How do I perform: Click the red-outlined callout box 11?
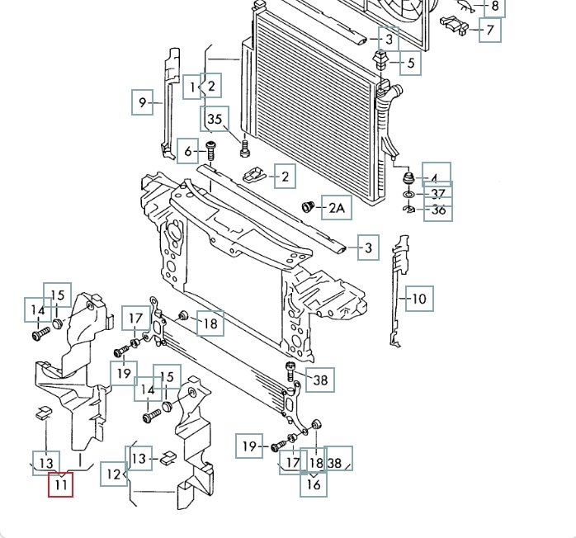click(60, 484)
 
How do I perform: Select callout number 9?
click(143, 102)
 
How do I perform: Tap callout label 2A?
click(337, 207)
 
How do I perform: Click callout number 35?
click(215, 119)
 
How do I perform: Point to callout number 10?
click(419, 299)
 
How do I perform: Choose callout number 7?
click(490, 30)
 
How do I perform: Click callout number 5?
click(411, 63)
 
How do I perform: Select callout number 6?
click(187, 151)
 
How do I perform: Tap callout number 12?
click(114, 474)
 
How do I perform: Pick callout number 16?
click(314, 484)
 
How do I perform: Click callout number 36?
click(438, 210)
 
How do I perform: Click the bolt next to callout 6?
click(210, 150)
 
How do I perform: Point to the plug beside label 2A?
click(308, 207)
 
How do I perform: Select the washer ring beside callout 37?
click(408, 194)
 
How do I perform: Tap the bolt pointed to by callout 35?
click(244, 147)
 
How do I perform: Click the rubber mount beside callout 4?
click(408, 178)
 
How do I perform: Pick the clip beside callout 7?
click(455, 24)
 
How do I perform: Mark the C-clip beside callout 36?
click(408, 209)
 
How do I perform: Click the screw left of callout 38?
click(290, 371)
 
